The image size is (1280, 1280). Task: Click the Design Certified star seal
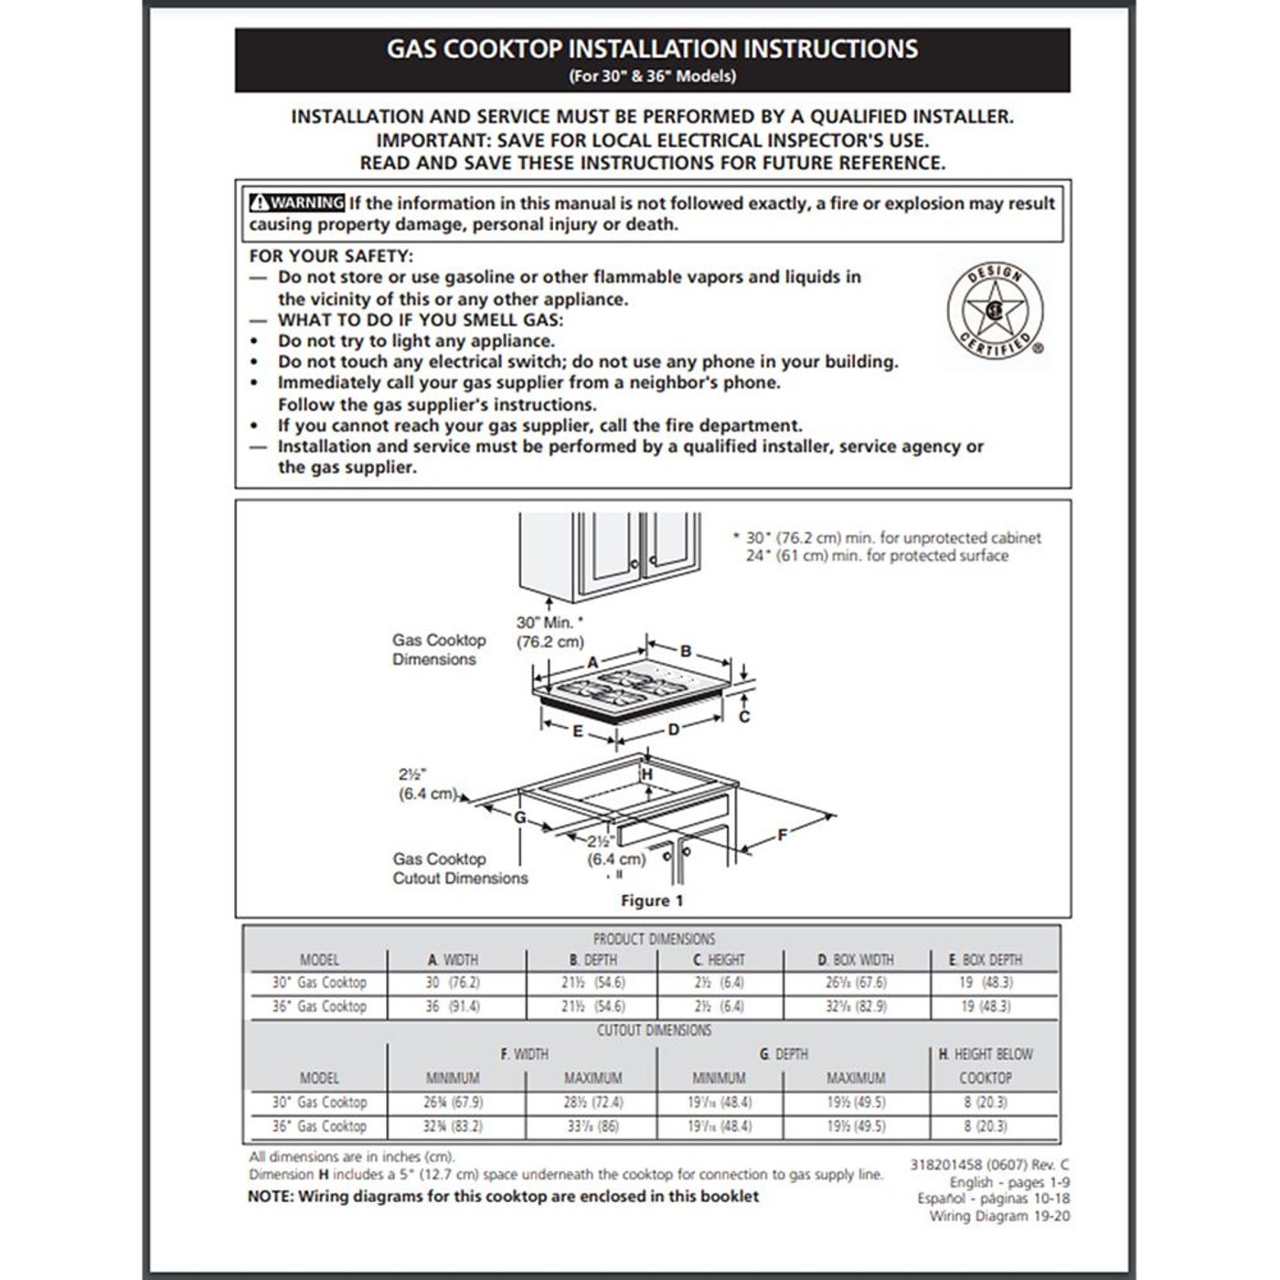[995, 311]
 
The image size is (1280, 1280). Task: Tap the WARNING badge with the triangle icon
[297, 203]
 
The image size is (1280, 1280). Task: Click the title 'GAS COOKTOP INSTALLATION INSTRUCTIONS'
[652, 49]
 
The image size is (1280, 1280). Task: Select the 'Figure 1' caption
[652, 901]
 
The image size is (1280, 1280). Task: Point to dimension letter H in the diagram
[647, 774]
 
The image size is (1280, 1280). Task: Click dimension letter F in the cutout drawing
[783, 834]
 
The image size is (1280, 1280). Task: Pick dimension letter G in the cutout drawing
[519, 816]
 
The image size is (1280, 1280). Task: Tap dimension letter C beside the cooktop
[744, 716]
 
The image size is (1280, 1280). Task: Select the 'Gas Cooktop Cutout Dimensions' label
[460, 869]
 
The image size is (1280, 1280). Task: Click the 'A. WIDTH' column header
[453, 960]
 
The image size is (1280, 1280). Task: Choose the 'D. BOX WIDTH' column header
[856, 960]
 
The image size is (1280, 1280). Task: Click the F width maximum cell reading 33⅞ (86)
[592, 1126]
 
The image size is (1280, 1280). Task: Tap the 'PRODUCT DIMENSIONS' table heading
[654, 939]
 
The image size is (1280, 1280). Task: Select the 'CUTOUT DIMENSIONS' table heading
[654, 1030]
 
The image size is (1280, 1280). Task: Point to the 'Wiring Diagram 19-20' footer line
[999, 1216]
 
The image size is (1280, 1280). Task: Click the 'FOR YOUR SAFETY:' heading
[331, 256]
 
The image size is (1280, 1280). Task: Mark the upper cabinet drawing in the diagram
[610, 553]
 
